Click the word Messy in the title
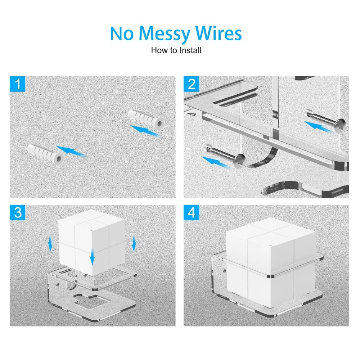(x=164, y=34)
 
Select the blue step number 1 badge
(x=17, y=84)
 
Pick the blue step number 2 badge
(x=191, y=84)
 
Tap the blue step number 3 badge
(x=17, y=213)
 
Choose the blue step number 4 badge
(x=191, y=213)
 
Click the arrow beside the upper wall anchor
(x=145, y=131)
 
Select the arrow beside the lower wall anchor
(x=71, y=151)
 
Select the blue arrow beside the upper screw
(x=318, y=127)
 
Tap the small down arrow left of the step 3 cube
(x=50, y=244)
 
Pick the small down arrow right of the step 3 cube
(x=134, y=244)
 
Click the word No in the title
(x=122, y=33)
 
